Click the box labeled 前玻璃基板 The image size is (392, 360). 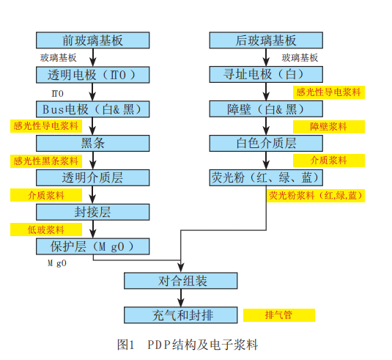click(93, 40)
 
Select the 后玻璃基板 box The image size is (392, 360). click(266, 40)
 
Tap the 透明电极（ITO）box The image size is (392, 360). click(93, 75)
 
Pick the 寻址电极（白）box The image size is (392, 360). click(266, 74)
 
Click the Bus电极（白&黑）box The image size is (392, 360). click(93, 109)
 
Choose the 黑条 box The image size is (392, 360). click(93, 144)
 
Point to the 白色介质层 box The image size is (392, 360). click(266, 144)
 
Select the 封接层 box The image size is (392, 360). click(93, 212)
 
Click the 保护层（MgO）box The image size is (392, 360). click(93, 246)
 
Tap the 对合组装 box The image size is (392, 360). click(181, 281)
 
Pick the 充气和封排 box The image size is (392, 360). click(181, 315)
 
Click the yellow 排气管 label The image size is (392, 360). click(279, 315)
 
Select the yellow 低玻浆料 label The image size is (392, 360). click(46, 229)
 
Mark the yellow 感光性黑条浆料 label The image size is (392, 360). click(46, 161)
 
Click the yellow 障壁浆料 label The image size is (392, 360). click(329, 127)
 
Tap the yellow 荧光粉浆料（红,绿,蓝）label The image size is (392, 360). click(316, 195)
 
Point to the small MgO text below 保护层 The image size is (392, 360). click(57, 263)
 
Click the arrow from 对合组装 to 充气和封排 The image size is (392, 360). click(181, 298)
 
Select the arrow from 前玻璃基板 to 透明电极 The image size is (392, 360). click(93, 57)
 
